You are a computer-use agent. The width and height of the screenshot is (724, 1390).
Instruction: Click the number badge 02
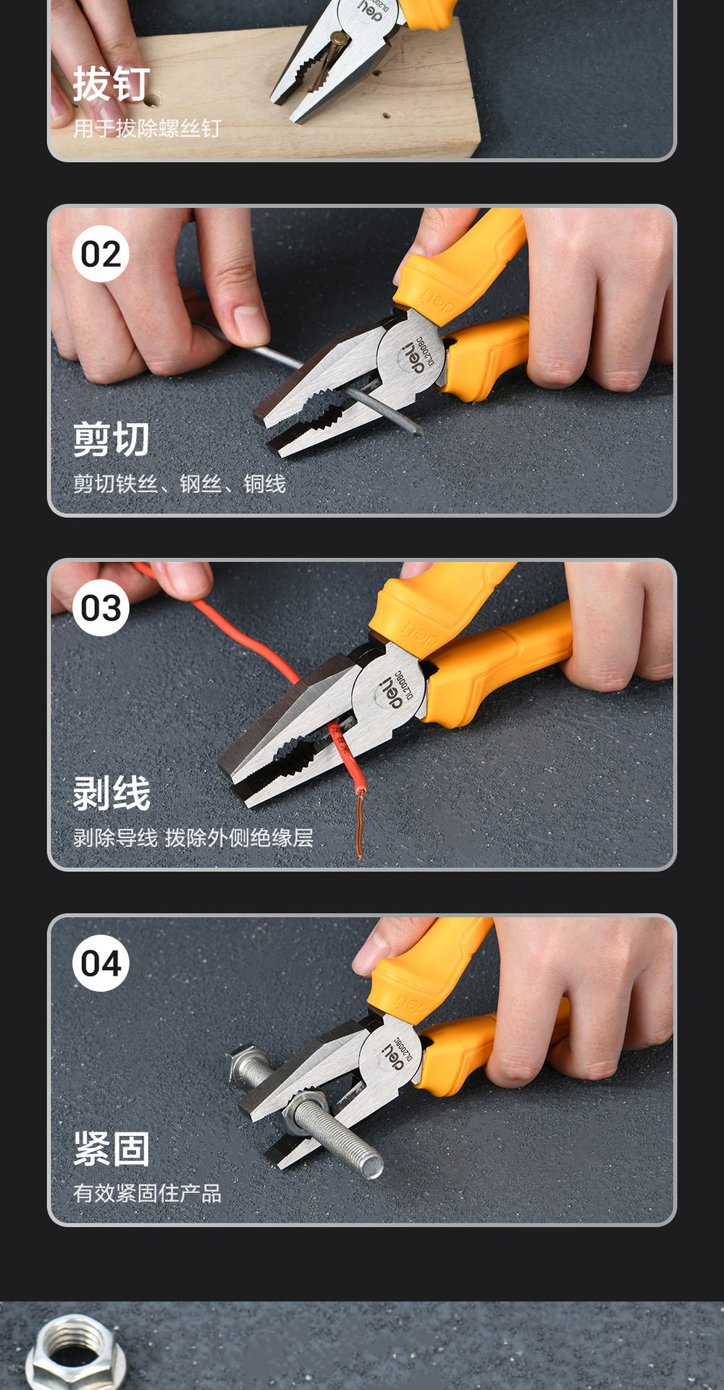click(x=101, y=254)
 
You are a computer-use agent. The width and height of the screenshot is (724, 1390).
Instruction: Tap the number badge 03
click(x=101, y=608)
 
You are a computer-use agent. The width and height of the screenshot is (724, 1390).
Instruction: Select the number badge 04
click(x=101, y=964)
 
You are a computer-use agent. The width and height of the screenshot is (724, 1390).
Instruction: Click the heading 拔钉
click(x=111, y=84)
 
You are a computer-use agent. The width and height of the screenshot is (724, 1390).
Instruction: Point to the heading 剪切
click(x=111, y=439)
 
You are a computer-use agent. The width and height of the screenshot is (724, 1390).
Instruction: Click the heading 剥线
click(x=111, y=793)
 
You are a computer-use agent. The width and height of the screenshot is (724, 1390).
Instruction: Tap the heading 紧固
click(x=111, y=1149)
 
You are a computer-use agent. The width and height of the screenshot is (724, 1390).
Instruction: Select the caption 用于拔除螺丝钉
click(x=147, y=129)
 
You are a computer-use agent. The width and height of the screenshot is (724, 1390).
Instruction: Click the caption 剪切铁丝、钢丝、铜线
click(x=180, y=484)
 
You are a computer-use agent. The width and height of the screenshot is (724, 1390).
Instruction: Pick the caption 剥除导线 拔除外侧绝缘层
click(x=193, y=838)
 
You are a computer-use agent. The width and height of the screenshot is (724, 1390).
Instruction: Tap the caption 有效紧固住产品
click(x=147, y=1193)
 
